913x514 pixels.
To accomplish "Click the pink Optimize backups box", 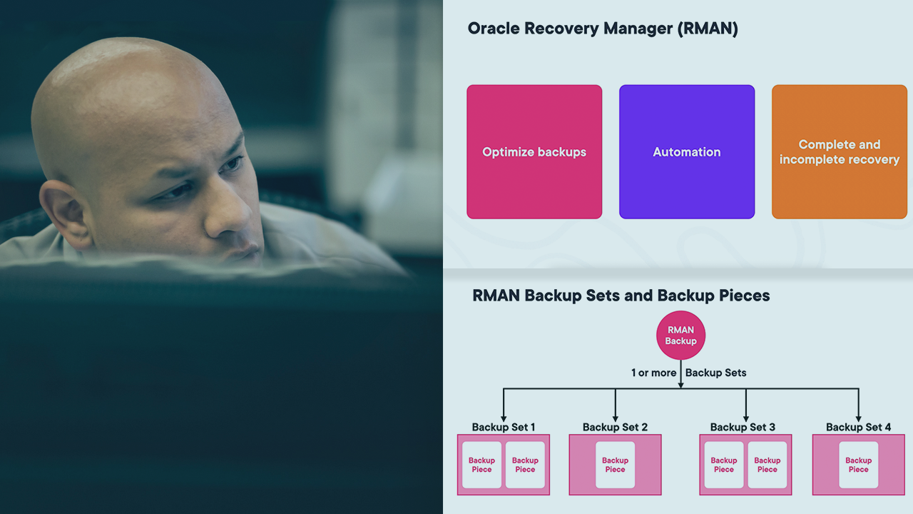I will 534,151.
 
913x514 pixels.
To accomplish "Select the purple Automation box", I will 687,151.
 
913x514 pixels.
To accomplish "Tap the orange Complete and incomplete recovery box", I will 840,151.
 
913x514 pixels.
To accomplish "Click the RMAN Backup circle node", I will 680,336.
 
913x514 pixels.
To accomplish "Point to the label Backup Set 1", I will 504,427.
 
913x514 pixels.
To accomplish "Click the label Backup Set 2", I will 615,427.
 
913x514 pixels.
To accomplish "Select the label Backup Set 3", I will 743,427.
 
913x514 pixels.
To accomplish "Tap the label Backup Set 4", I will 858,427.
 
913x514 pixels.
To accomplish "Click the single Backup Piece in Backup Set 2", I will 615,465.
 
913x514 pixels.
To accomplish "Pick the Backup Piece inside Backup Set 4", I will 858,465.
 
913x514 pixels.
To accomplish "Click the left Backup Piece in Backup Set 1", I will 481,465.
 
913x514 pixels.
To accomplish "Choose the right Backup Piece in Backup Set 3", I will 767,465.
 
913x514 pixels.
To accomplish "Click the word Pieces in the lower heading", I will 744,296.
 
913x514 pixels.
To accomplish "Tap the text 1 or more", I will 653,373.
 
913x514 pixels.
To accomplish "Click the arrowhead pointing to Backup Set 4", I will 858,418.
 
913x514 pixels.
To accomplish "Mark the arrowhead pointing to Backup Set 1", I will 504,418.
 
